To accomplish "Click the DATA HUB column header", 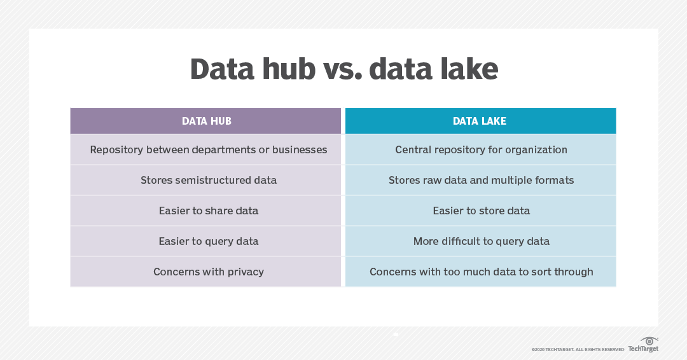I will (x=206, y=121).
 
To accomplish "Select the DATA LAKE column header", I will (x=480, y=121).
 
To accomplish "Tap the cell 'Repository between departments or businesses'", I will (x=209, y=150).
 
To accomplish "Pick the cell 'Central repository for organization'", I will (x=481, y=150).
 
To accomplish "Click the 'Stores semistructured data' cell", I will (x=209, y=180).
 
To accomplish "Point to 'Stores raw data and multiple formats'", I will (x=481, y=180).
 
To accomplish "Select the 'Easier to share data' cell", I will (x=209, y=211).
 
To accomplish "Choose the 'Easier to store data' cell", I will (x=481, y=211).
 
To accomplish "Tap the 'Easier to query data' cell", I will (x=209, y=241).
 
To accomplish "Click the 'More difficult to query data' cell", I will (x=481, y=241).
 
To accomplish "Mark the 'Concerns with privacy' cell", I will (x=209, y=272).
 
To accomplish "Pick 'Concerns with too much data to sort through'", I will (x=481, y=272).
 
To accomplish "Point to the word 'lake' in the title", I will (x=466, y=69).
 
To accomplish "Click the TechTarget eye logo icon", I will (x=649, y=341).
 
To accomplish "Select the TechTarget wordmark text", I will (x=643, y=349).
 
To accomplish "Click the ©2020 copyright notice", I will (x=578, y=349).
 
